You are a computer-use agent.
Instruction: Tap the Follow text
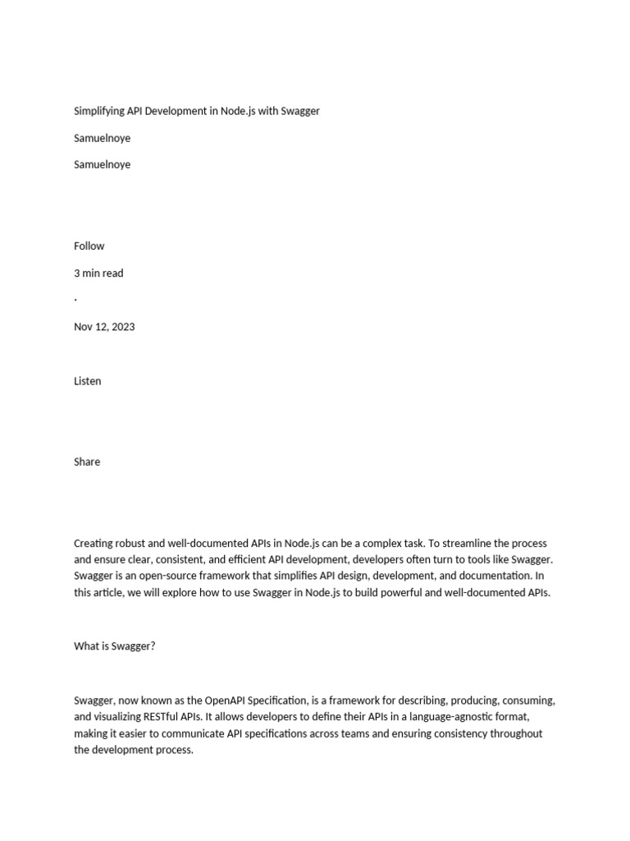[89, 246]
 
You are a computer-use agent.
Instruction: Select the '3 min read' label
[98, 273]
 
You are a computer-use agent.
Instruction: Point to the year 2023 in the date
[123, 326]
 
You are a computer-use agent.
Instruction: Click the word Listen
[88, 380]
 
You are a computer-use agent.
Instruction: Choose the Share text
[87, 462]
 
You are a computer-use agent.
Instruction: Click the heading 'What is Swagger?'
[115, 646]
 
